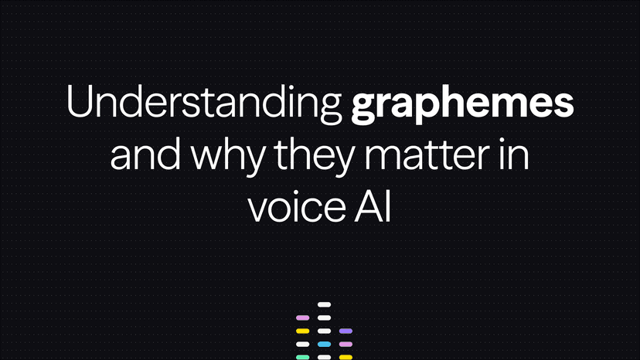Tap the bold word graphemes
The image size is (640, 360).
point(462,108)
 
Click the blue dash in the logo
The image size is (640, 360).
point(324,344)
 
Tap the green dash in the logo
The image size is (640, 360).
point(302,356)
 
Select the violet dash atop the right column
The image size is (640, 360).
point(346,331)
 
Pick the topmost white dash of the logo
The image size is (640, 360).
point(324,305)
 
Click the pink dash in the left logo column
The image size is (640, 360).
point(302,318)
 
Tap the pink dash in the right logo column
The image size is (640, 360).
point(346,344)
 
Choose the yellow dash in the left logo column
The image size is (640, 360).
point(302,331)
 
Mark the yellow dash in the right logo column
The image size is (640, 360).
point(346,356)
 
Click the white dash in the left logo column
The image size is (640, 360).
point(302,344)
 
